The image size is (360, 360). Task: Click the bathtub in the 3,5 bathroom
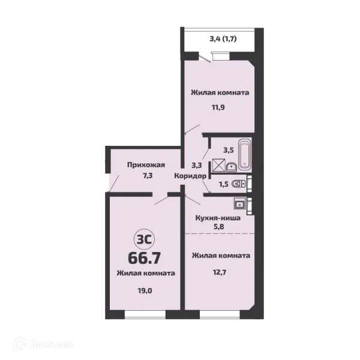coord(245,155)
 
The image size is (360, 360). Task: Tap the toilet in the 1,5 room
coord(239,184)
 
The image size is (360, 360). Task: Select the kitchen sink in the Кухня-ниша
coord(239,203)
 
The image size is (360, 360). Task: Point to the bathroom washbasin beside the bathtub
coord(232,167)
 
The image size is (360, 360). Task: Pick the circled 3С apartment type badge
coord(144,239)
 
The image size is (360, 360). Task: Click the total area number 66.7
coord(144,258)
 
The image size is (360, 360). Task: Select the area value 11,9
coord(218,107)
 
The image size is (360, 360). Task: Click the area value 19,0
coord(145,291)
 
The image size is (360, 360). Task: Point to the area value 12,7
coord(220,272)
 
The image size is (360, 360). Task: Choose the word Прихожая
coord(146,165)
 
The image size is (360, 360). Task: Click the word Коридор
coord(190,176)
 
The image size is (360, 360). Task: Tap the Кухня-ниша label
coord(218,218)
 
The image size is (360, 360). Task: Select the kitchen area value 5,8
coord(219,227)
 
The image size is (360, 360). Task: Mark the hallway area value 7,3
coord(148,176)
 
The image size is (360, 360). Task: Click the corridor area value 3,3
coord(197,165)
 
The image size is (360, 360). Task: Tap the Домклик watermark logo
coord(43,345)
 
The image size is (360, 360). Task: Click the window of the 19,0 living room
coord(145,315)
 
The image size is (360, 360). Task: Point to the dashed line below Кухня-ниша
coord(220,234)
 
